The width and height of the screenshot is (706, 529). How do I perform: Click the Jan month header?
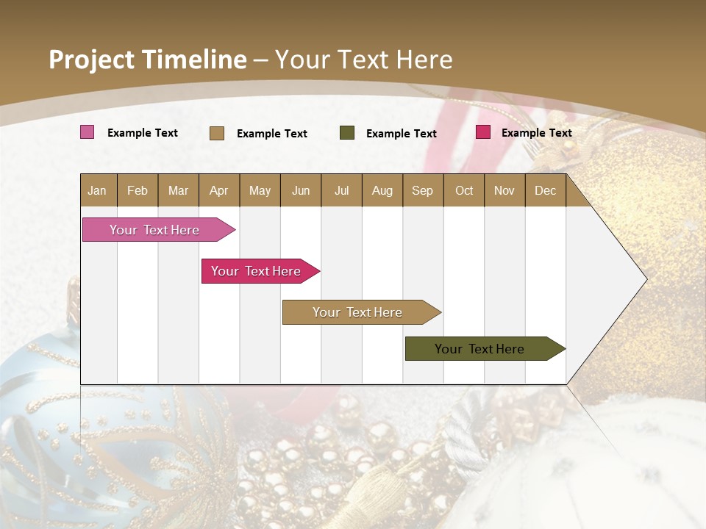98,191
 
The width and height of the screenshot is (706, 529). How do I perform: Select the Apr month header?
219,191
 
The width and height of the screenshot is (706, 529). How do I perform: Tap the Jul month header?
341,191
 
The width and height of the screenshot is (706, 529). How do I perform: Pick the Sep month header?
423,191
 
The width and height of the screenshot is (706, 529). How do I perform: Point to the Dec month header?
545,191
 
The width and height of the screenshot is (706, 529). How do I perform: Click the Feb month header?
138,191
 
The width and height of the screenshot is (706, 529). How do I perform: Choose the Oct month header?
464,191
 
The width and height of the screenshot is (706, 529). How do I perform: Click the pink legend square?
88,132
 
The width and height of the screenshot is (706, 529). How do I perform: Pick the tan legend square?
217,133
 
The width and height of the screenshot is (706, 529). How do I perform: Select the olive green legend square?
347,133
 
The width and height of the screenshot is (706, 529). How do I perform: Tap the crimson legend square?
483,132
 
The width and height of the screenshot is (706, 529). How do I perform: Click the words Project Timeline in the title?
147,60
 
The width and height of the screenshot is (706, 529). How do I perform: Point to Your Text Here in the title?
364,60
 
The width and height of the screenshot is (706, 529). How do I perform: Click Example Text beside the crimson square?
536,133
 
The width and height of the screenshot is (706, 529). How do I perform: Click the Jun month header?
301,191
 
